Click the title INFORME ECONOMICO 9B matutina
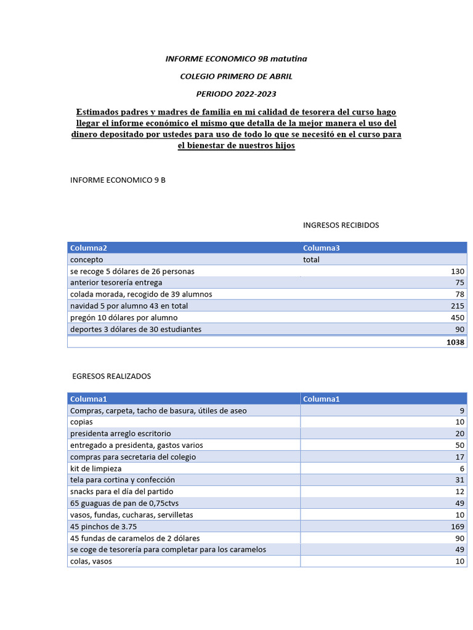[236, 58]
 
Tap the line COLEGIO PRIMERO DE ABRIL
[236, 76]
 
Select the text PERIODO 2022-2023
[236, 94]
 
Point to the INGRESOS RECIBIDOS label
[341, 225]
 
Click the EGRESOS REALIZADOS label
[111, 376]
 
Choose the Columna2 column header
[89, 248]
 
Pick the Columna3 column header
[321, 248]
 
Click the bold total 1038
[455, 342]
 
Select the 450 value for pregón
[456, 317]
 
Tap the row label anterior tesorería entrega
[116, 282]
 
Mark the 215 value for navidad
[456, 306]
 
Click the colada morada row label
[141, 294]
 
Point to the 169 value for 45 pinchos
[456, 527]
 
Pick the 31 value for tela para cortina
[459, 480]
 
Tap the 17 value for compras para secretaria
[459, 457]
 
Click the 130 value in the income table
[456, 271]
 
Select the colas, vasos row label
[91, 561]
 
